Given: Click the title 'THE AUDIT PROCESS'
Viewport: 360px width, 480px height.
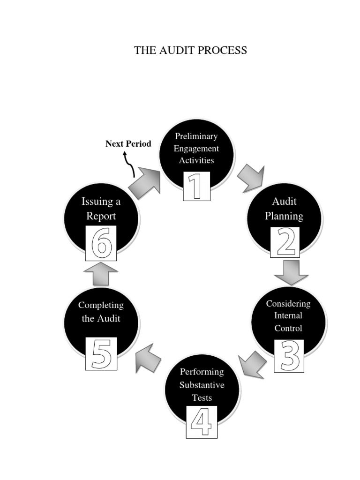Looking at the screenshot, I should point(190,51).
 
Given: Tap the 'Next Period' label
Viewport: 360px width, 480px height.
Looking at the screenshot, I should point(128,144).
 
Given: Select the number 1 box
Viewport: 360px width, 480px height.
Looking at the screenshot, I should point(196,186).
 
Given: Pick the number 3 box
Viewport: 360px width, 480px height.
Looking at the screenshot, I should point(289,356).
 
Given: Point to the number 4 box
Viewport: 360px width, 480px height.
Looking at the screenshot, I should point(202,422).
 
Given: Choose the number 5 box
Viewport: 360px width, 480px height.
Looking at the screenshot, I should point(101,354).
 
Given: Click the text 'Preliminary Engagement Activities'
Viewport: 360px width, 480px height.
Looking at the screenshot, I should point(196,148).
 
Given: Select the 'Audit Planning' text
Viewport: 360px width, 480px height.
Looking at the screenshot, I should point(284,209).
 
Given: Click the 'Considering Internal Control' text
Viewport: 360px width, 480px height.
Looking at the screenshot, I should point(288,316).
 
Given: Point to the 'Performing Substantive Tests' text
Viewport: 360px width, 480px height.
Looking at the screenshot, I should point(202,385).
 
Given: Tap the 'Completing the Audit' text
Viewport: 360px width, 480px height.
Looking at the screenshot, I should point(101,312).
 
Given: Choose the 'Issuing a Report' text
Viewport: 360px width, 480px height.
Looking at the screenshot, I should point(101,209).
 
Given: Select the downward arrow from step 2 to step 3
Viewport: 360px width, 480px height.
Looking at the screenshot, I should point(291,272).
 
